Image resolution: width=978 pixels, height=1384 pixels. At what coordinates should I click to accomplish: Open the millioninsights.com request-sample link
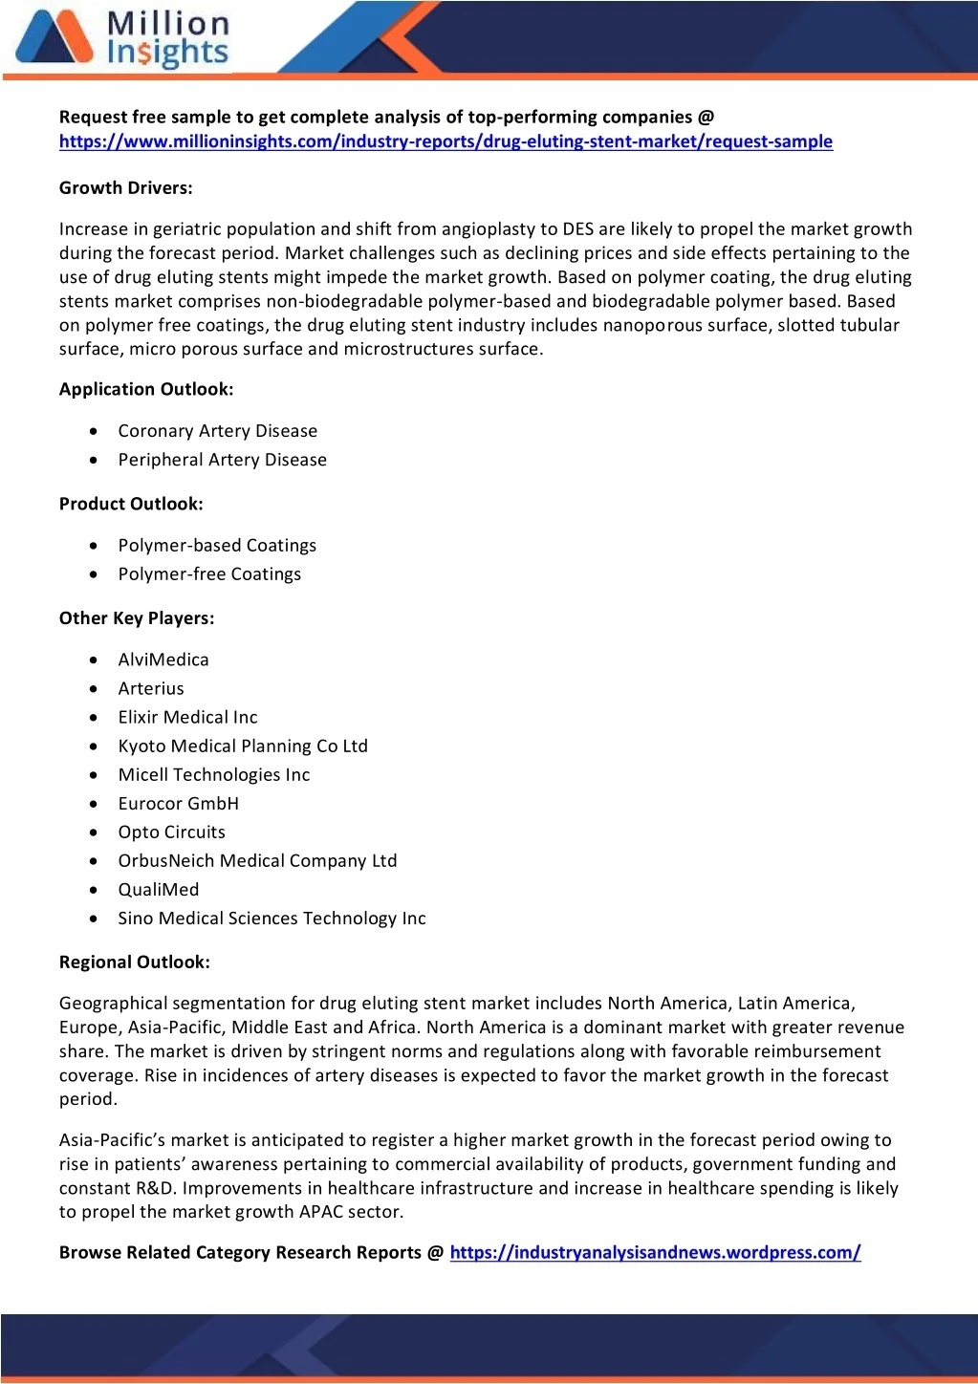click(446, 141)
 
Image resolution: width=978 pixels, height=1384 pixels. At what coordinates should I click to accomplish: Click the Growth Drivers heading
click(126, 188)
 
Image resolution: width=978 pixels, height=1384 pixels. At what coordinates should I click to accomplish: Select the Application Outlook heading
click(146, 389)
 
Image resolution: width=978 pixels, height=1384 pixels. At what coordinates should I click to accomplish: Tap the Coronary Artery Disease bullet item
click(217, 431)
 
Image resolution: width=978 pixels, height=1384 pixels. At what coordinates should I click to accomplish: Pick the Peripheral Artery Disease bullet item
click(222, 460)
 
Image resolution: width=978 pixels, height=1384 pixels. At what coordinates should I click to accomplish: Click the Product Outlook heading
click(131, 504)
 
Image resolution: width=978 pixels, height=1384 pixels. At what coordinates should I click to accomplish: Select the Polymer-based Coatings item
click(217, 546)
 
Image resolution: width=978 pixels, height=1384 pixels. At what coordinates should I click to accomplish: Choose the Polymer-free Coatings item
click(209, 574)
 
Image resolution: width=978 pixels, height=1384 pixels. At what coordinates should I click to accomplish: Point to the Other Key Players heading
click(137, 618)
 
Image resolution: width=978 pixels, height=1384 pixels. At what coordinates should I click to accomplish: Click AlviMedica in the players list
click(163, 660)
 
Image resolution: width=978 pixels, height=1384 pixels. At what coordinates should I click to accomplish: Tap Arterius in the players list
click(151, 688)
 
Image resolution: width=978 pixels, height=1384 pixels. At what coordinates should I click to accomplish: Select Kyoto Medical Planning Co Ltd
click(243, 746)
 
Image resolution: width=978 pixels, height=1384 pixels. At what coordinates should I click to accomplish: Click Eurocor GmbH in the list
click(179, 804)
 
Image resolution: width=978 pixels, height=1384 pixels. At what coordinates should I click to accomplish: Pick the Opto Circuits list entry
click(172, 833)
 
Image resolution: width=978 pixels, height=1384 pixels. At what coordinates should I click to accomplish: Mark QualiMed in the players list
click(159, 890)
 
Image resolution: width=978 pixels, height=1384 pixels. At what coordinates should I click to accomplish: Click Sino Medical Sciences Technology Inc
click(272, 919)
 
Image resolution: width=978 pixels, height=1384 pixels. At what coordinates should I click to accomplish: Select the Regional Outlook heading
click(135, 962)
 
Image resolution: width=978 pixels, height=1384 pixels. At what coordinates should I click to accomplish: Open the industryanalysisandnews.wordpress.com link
click(655, 1253)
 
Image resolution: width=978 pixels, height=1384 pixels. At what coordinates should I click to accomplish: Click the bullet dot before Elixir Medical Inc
click(93, 717)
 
